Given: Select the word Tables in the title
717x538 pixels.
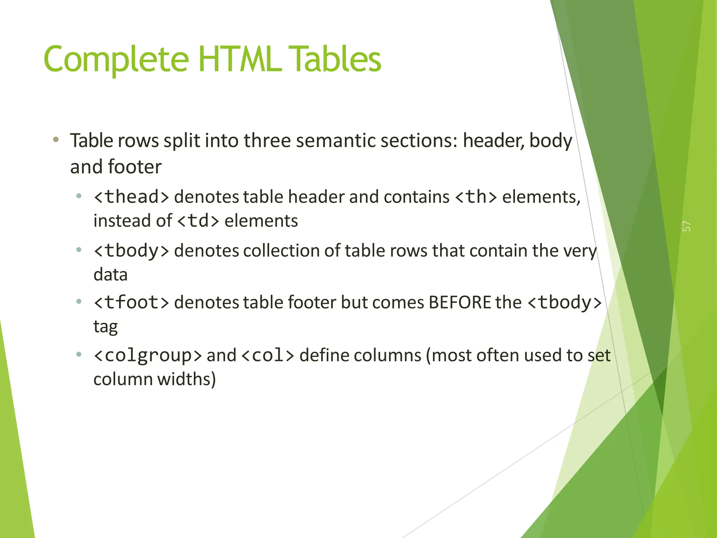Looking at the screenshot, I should coord(336,59).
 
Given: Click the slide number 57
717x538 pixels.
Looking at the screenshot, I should coord(687,226).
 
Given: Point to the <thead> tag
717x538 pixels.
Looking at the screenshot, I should coord(132,197).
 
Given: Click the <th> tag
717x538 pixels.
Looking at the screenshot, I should coord(476,197).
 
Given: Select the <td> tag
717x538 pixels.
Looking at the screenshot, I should coord(198,221).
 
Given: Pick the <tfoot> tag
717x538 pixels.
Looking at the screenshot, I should coord(132,302).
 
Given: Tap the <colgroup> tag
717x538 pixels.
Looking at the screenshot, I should coord(148,356).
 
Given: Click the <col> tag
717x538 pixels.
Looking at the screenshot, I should coord(268,356).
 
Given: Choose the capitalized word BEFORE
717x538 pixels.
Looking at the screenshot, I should coord(460,302).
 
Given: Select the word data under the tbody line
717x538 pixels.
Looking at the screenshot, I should coord(110,275).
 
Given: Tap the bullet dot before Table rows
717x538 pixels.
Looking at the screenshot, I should coord(56,140).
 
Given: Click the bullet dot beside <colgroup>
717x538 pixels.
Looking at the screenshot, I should coord(79,354).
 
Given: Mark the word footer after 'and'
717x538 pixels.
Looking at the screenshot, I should coord(135,167).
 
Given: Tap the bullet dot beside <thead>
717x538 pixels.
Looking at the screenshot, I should coord(79,196).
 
